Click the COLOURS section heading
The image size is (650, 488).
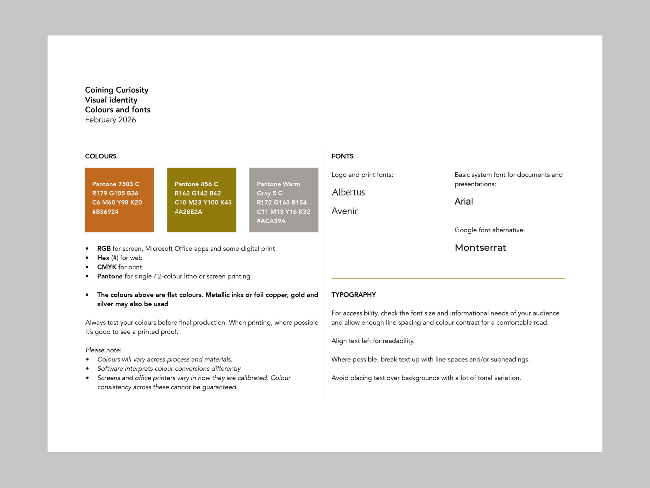(x=100, y=156)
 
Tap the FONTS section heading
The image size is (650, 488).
(x=342, y=156)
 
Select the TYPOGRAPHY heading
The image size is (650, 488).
(x=354, y=294)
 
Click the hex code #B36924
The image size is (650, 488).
(x=105, y=212)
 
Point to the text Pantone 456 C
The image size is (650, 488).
(x=196, y=184)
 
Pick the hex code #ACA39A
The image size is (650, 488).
(x=271, y=221)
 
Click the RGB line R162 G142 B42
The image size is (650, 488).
(x=198, y=193)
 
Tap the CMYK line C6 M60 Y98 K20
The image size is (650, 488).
(x=117, y=202)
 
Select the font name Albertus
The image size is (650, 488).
(x=348, y=192)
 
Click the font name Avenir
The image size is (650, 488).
(x=344, y=211)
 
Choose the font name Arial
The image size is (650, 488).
(x=464, y=201)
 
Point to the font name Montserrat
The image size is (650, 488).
(x=480, y=247)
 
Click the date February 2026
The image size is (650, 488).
(x=110, y=120)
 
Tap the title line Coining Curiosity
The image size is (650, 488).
(x=117, y=90)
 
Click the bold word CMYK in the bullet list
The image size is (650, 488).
(x=107, y=267)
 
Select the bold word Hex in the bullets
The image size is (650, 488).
(x=103, y=258)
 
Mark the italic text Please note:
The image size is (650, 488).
(x=103, y=350)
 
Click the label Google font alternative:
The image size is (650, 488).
(x=489, y=230)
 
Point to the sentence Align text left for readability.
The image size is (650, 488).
(x=373, y=341)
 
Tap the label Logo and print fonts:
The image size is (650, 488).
(x=362, y=174)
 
